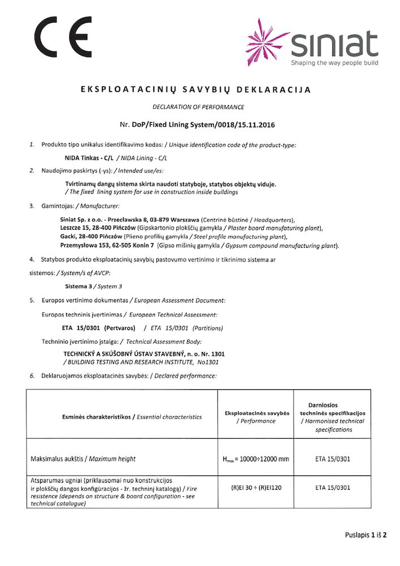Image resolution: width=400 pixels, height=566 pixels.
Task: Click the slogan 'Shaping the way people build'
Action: click(x=334, y=63)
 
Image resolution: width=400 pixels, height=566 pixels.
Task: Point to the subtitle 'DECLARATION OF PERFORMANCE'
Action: click(x=199, y=107)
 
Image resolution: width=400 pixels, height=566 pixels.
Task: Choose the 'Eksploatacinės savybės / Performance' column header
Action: click(x=257, y=417)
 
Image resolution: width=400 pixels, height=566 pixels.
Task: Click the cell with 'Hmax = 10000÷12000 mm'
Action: click(x=257, y=458)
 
